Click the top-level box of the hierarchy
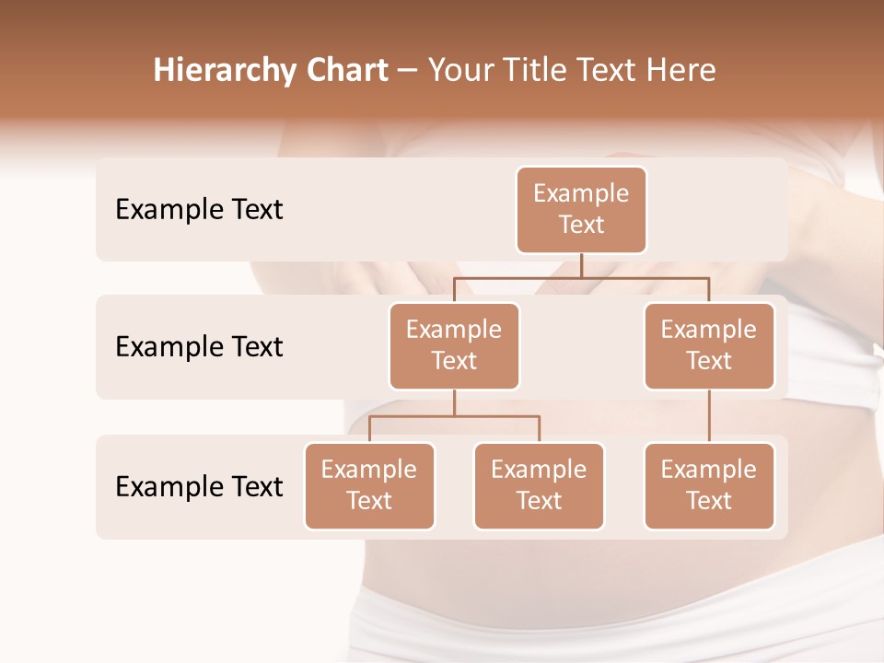[581, 210]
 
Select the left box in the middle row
[454, 346]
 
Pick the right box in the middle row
[709, 346]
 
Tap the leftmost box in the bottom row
[369, 486]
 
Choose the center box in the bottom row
[539, 486]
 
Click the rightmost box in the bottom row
[709, 486]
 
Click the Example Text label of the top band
[199, 210]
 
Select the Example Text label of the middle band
[199, 347]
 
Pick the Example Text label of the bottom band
[199, 486]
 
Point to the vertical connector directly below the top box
[581, 265]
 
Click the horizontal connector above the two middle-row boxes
[581, 277]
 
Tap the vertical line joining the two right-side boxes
[709, 416]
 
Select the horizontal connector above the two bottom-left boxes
[454, 416]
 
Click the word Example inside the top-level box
[581, 193]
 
